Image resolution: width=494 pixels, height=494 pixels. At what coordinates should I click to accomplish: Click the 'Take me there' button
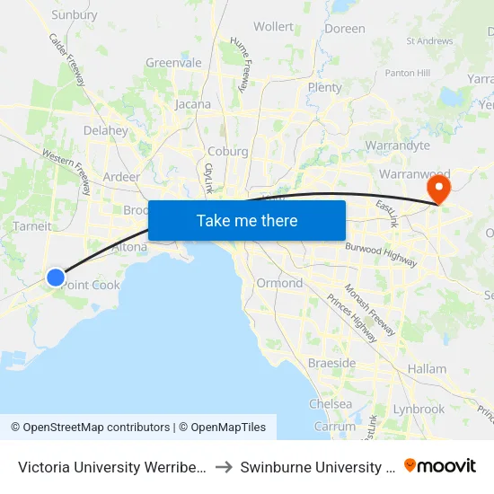tap(247, 220)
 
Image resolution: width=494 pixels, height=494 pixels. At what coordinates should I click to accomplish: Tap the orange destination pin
tap(439, 189)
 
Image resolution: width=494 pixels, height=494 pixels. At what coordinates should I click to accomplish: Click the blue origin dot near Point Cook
tap(56, 278)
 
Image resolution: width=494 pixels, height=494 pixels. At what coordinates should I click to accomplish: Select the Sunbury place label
tap(75, 14)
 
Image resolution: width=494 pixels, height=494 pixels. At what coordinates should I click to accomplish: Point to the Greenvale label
tap(173, 63)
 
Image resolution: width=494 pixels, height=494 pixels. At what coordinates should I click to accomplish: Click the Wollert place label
tap(273, 27)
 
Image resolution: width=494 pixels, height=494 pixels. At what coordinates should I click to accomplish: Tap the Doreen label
tap(345, 29)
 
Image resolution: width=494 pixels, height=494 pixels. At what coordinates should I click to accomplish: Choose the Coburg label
tap(227, 152)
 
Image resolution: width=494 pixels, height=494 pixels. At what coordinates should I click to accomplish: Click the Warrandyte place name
tap(398, 145)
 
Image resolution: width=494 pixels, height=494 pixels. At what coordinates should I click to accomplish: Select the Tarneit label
tap(32, 226)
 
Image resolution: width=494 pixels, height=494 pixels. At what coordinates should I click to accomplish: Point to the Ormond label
tap(278, 283)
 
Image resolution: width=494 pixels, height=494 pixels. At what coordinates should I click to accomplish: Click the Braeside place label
tap(332, 364)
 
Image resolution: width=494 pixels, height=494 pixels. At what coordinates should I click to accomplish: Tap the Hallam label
tap(427, 369)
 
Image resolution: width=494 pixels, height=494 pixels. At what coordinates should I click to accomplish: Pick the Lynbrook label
tap(419, 409)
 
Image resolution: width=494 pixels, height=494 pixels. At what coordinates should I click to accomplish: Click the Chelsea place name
tap(331, 404)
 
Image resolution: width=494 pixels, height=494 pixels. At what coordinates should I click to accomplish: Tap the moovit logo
tap(440, 466)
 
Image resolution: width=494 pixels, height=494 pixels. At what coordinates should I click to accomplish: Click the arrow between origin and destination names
tap(225, 467)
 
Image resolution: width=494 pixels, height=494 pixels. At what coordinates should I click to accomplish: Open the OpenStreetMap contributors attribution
tap(91, 428)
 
